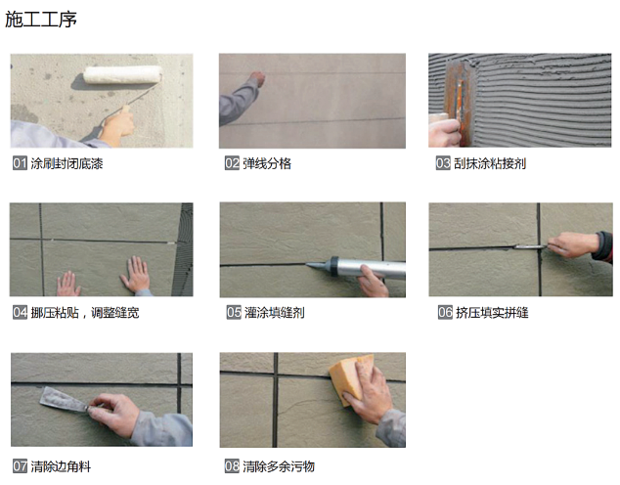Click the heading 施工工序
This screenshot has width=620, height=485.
(41, 20)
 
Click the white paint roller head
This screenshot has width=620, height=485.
(123, 74)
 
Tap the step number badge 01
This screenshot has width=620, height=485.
(20, 163)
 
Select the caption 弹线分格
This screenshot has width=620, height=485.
(267, 163)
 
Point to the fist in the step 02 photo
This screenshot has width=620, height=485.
(258, 79)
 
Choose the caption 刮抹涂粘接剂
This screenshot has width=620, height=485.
(490, 163)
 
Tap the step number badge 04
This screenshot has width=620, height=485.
(20, 312)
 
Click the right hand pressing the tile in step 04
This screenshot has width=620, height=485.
(136, 274)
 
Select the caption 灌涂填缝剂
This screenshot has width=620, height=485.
(275, 312)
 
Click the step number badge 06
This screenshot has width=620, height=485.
(445, 312)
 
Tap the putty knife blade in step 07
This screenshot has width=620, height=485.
(63, 400)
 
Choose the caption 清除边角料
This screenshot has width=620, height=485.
(61, 466)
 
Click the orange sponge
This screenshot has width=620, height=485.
(348, 377)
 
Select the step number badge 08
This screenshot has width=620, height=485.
(232, 466)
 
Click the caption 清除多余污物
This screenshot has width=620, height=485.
(279, 466)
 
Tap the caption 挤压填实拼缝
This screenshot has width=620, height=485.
(492, 312)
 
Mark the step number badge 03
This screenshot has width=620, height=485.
(443, 163)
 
